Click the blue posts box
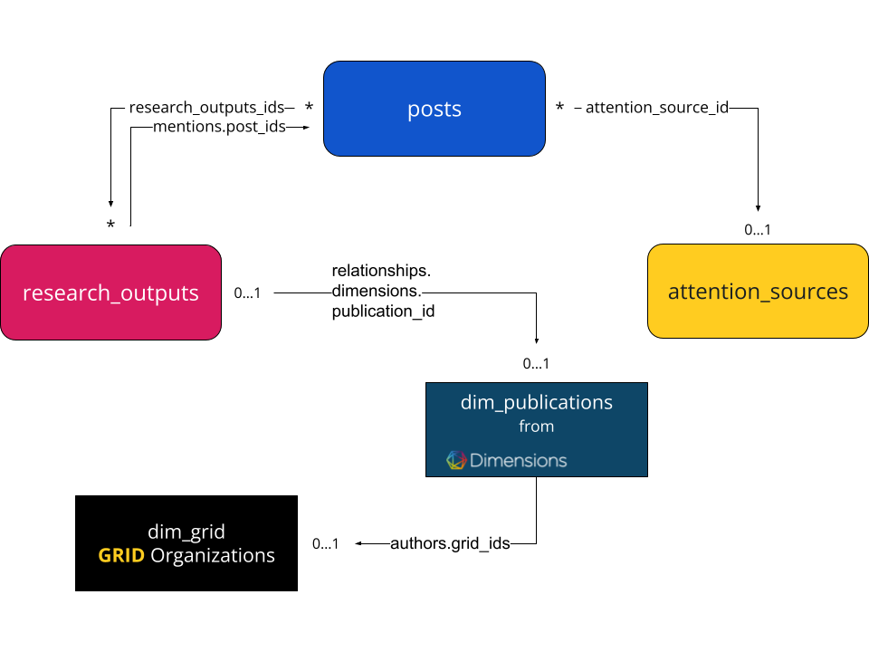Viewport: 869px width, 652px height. coord(434,109)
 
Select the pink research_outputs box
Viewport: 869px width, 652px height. coord(110,292)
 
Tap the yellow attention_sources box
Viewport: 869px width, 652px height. coord(758,291)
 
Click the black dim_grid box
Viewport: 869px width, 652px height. coord(186,543)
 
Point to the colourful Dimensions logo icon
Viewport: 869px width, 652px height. coord(456,460)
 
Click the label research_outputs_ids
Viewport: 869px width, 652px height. coord(206,108)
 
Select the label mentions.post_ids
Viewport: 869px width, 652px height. coord(219,127)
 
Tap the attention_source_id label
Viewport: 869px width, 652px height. coord(657,108)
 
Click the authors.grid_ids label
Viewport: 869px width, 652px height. coord(450,543)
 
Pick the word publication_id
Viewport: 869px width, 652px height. coord(383,312)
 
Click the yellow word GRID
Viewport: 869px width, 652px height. coord(121,555)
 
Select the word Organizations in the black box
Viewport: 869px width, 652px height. coord(213,555)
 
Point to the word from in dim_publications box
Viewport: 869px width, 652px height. coord(536,427)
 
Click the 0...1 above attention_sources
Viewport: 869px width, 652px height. coord(758,229)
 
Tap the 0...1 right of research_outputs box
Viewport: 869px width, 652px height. coord(247,292)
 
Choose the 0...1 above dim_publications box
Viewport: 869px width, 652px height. coord(536,364)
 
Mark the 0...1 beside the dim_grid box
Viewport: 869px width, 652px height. coord(325,544)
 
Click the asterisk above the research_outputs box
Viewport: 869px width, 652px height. coord(110,225)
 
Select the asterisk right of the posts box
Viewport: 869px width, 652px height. coord(559,107)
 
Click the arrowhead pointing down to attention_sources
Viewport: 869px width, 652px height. coord(758,208)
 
